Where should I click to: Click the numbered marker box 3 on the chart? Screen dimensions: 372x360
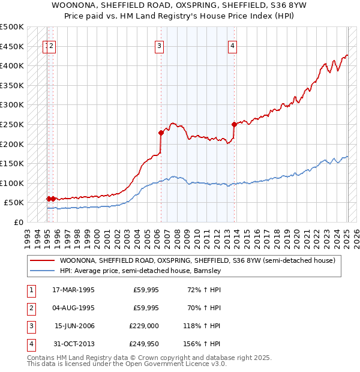pos(160,46)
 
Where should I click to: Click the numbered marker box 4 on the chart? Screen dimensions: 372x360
pos(232,46)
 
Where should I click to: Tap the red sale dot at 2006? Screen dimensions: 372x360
pos(161,133)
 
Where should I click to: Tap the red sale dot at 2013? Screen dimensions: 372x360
pos(234,124)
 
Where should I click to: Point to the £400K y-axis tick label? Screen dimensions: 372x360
pos(12,65)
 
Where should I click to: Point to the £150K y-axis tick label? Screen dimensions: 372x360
pos(12,163)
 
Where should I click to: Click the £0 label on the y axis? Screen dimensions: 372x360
pos(17,222)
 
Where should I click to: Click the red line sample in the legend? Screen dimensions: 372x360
pos(42,261)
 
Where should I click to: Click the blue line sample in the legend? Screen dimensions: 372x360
pos(42,271)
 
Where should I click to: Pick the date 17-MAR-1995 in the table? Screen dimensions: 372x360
pos(73,290)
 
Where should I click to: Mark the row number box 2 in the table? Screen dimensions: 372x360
pos(30,308)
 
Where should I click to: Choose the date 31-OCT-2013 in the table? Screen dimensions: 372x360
pos(73,344)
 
